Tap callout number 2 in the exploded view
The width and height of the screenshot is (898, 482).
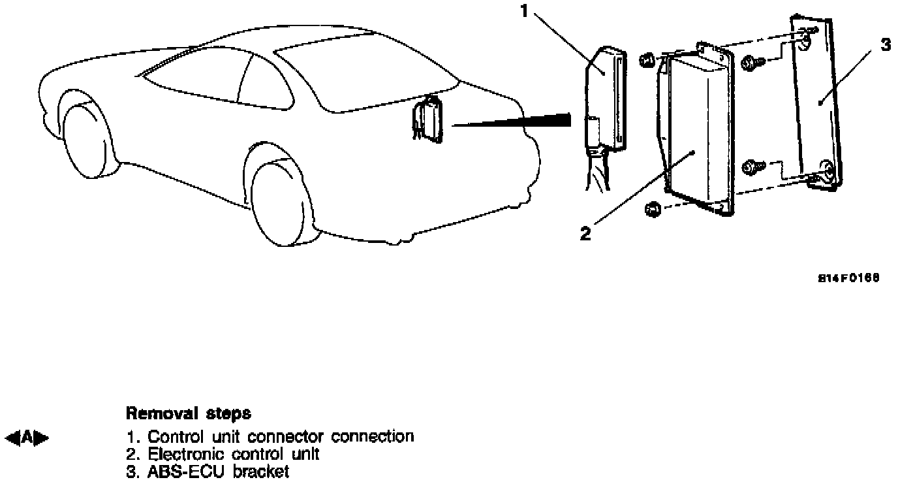pos(585,233)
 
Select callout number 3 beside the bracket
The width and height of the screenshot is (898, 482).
pos(885,44)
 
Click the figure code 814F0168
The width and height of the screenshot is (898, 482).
pos(849,278)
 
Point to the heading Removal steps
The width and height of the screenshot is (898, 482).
pos(188,413)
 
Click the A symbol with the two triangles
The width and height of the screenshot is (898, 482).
pos(27,436)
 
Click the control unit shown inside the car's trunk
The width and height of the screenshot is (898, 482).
pos(429,118)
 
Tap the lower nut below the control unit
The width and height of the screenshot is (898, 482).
pos(652,210)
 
